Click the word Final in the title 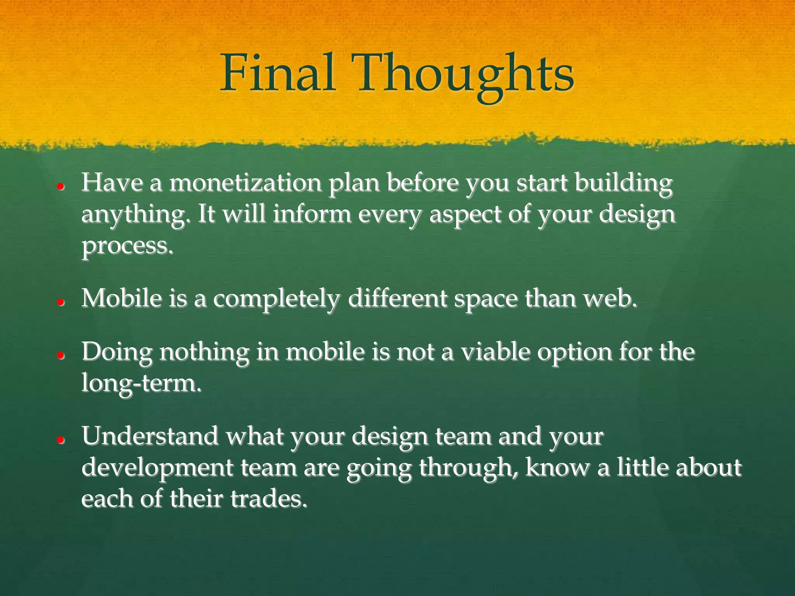tap(278, 74)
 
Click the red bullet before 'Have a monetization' tap(60, 186)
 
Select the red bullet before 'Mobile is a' tap(60, 302)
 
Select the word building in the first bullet tap(623, 183)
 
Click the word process tap(127, 246)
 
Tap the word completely tap(277, 299)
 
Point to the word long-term tap(141, 383)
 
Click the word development tap(157, 468)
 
